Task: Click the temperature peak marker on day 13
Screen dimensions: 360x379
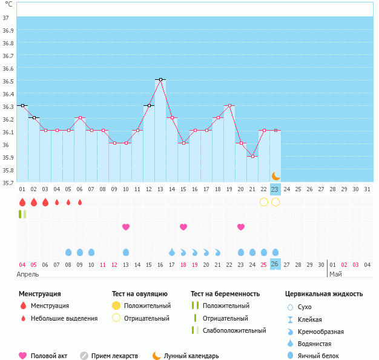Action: pyautogui.click(x=160, y=79)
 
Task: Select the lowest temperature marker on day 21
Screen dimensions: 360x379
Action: pyautogui.click(x=252, y=156)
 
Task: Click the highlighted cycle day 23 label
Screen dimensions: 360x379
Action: pyautogui.click(x=275, y=189)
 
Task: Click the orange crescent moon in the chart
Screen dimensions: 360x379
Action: pyautogui.click(x=276, y=175)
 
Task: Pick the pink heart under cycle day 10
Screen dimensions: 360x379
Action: pyautogui.click(x=126, y=227)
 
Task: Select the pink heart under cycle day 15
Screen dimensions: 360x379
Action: pyautogui.click(x=183, y=227)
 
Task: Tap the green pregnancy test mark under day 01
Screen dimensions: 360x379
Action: pyautogui.click(x=22, y=214)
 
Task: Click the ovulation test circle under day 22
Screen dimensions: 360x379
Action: pyautogui.click(x=264, y=202)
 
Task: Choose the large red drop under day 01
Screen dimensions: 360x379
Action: pyautogui.click(x=22, y=202)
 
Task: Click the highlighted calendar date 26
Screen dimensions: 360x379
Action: pyautogui.click(x=275, y=264)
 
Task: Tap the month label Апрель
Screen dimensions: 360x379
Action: pyautogui.click(x=28, y=274)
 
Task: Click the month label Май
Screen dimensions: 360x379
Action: pyautogui.click(x=335, y=274)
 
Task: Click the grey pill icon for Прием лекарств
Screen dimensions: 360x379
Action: pyautogui.click(x=84, y=356)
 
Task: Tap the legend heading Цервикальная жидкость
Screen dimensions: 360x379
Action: pyautogui.click(x=324, y=294)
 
